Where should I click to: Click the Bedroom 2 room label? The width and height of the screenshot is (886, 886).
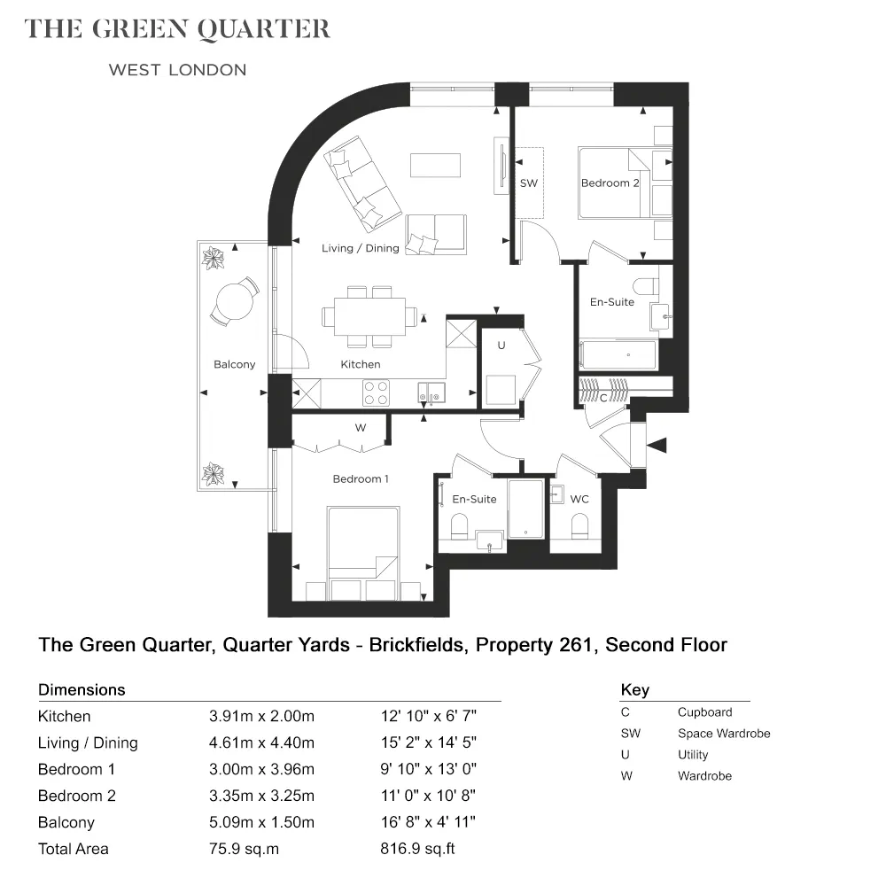610,183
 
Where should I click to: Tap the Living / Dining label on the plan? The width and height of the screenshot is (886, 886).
360,248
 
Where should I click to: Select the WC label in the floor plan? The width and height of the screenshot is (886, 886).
579,499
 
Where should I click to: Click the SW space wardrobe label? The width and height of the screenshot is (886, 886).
529,183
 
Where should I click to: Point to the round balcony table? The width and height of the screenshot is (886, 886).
235,300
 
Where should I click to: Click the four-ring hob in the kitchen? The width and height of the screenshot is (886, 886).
376,392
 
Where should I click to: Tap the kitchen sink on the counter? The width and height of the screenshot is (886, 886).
431,392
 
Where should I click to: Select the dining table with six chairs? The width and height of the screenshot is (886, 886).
369,316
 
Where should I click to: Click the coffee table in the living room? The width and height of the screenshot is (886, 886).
435,165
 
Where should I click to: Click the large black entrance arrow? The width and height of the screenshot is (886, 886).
657,446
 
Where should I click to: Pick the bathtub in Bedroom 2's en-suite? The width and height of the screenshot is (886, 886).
618,355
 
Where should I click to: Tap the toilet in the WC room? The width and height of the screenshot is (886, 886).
579,525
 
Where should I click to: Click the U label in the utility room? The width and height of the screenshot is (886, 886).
501,346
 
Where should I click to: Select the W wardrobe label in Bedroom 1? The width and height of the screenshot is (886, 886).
361,428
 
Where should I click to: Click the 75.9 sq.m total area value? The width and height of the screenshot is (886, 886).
245,849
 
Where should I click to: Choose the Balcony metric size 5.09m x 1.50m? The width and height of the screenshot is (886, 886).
261,822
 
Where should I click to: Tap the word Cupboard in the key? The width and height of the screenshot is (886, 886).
704,712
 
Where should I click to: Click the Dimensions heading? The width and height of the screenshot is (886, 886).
82,690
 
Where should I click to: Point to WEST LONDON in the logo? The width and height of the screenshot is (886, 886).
177,70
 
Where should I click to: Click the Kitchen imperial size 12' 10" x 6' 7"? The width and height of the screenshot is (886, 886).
428,716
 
